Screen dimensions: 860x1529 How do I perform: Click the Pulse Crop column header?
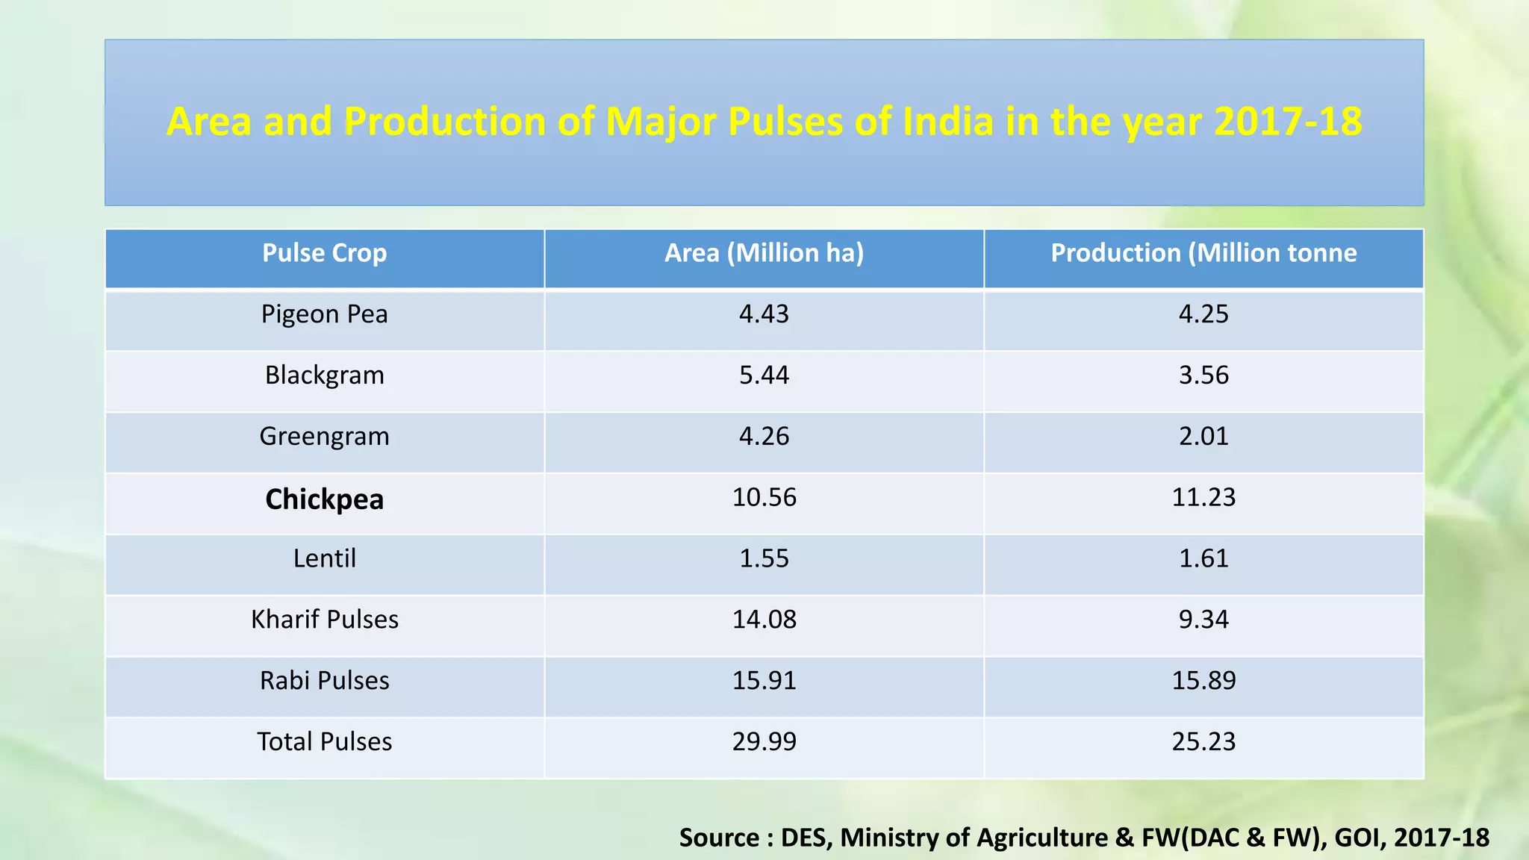click(324, 253)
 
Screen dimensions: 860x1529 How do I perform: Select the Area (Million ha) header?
click(764, 253)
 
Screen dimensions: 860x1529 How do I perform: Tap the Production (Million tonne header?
click(1203, 253)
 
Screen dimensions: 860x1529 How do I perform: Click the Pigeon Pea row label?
click(324, 314)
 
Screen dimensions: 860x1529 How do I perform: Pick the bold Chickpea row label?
click(324, 499)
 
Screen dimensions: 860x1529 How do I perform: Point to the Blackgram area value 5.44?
click(764, 375)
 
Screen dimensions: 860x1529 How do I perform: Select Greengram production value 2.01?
click(1203, 436)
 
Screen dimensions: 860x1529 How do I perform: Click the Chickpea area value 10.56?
click(764, 497)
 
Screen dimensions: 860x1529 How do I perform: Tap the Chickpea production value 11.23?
click(1203, 497)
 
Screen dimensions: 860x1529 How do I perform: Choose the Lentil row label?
click(324, 558)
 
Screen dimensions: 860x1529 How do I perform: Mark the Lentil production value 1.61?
click(1203, 558)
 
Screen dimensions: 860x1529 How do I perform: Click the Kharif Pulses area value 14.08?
click(764, 620)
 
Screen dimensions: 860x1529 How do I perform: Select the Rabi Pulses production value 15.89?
click(1203, 681)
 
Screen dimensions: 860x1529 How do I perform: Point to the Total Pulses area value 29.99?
click(764, 742)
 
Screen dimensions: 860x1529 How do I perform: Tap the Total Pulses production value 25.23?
click(1203, 742)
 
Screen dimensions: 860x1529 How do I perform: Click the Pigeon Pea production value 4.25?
click(1203, 314)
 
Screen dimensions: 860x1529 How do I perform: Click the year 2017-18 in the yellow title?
click(1287, 122)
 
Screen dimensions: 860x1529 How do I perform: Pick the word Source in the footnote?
click(719, 838)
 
